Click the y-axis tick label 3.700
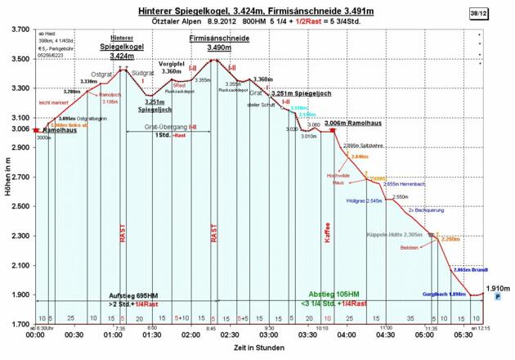16,29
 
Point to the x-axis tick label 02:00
190,335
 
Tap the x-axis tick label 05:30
463,335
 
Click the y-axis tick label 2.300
16,236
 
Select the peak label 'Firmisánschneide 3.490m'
218,43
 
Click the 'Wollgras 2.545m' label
365,200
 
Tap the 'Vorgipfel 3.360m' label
172,67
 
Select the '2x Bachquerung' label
427,210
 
